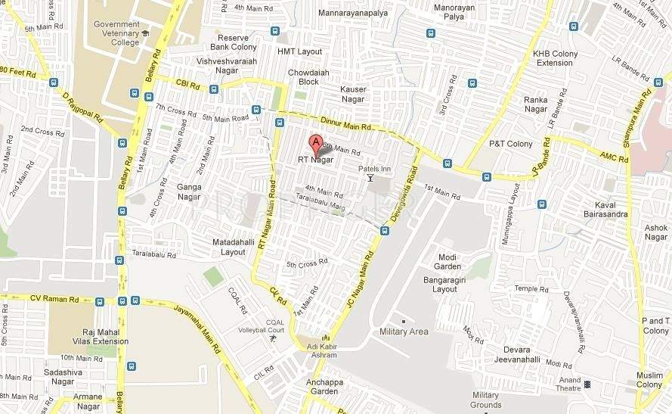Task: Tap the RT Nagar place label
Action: tap(315, 160)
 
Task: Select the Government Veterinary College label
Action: tap(116, 33)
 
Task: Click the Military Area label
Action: tap(404, 332)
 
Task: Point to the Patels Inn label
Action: tap(374, 168)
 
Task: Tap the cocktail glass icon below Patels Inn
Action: tap(370, 178)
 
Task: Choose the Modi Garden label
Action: tap(449, 262)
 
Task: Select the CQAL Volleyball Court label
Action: tap(274, 326)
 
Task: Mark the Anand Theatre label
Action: tap(570, 384)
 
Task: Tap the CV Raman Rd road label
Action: tap(54, 299)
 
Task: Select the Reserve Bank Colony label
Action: tap(237, 42)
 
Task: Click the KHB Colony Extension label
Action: tap(555, 58)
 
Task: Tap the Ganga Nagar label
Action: tap(189, 191)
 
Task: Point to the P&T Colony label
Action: tap(510, 144)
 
